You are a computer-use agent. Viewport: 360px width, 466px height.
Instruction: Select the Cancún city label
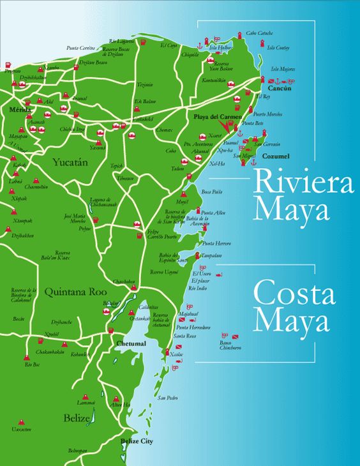point(280,89)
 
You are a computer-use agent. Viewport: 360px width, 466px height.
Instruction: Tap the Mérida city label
point(20,110)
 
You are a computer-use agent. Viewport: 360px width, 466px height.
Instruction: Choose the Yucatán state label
point(70,162)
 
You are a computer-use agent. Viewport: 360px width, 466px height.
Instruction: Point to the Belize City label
point(137,441)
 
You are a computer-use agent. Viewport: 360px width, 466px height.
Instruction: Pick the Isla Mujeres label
point(283,68)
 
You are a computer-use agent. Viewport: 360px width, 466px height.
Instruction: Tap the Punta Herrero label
point(216,244)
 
